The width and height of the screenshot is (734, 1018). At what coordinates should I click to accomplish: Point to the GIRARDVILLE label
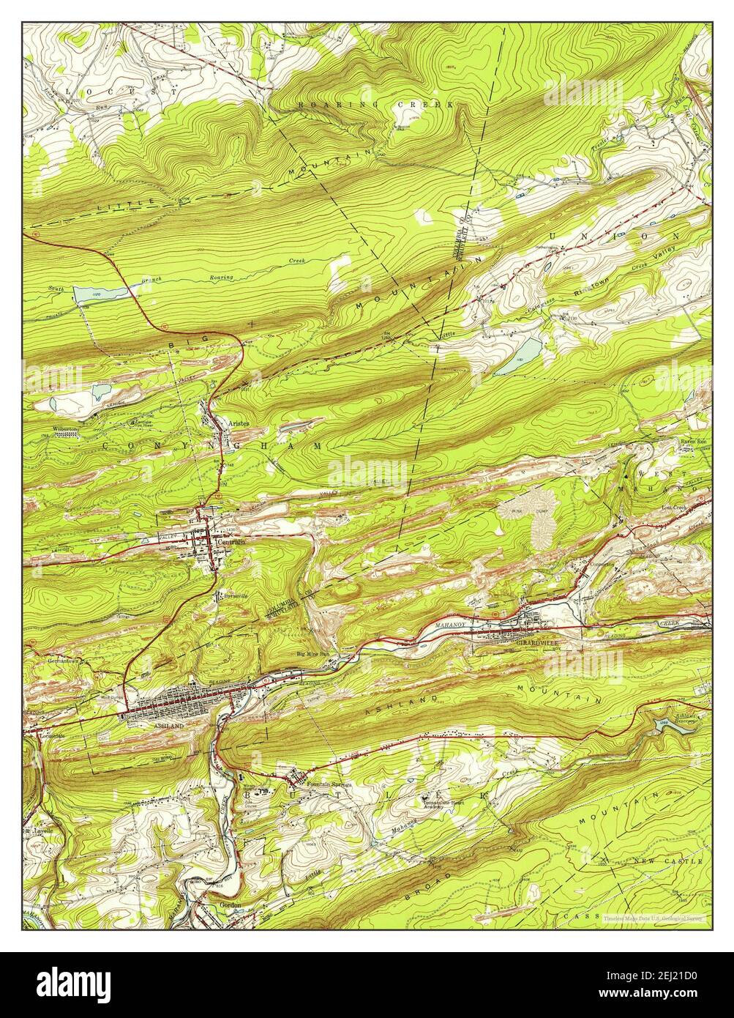pyautogui.click(x=537, y=642)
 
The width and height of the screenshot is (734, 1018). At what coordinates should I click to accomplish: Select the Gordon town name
pyautogui.click(x=230, y=904)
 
